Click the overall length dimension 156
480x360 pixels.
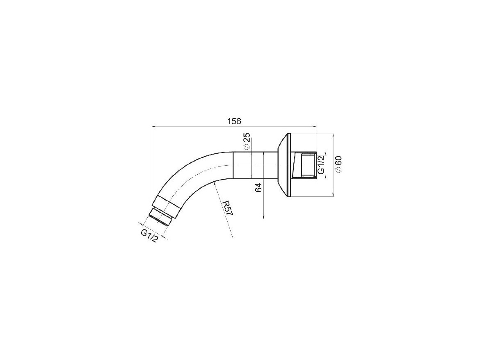pos(234,121)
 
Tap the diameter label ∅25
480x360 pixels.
pos(247,141)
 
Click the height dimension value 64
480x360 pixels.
pos(258,188)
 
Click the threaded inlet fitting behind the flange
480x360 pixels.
pos(306,165)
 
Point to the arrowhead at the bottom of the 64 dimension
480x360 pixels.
pos(263,217)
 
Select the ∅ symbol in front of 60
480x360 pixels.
pos(338,170)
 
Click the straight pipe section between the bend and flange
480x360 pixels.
pos(254,165)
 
